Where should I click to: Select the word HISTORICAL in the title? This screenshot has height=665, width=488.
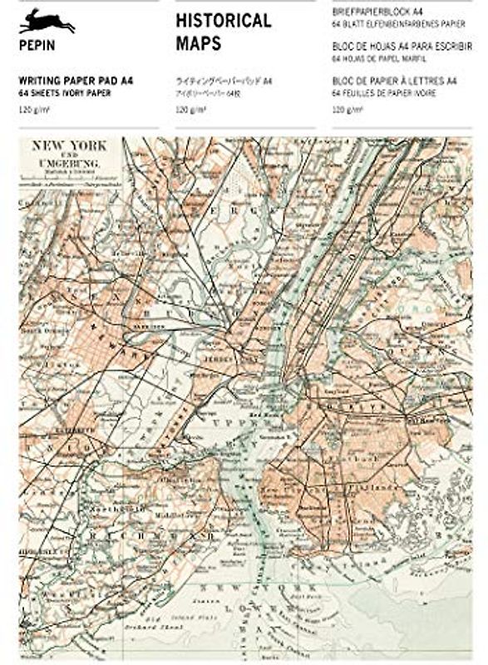(x=223, y=21)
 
